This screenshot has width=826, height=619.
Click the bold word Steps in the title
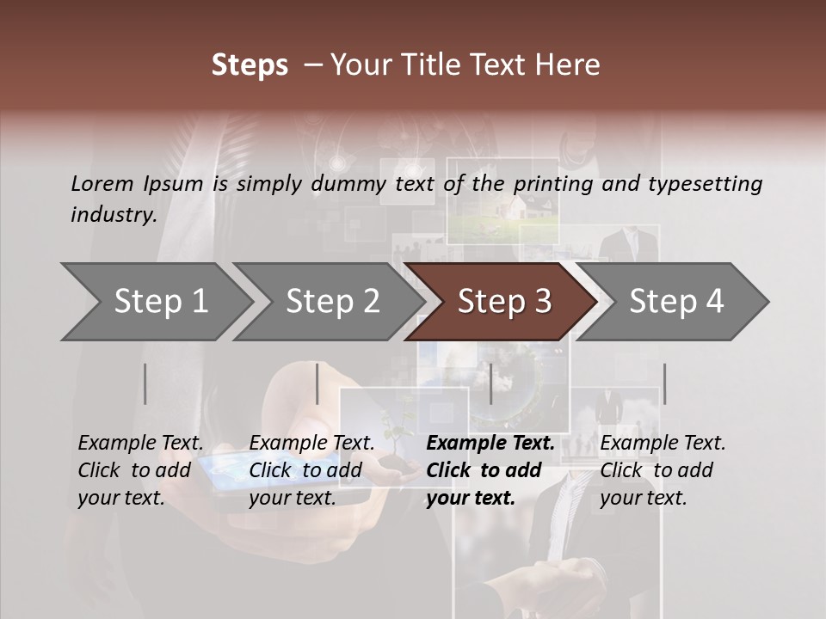tap(250, 65)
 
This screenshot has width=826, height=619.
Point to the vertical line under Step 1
tap(145, 383)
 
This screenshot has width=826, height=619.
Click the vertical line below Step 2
tap(317, 383)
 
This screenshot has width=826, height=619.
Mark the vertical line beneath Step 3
tap(490, 383)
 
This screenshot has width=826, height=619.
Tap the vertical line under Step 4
tap(664, 383)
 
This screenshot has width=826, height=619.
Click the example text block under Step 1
tap(140, 470)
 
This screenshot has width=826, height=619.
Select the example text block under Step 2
tap(311, 470)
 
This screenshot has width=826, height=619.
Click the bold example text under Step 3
tap(490, 470)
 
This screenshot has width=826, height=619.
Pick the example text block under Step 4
tap(663, 470)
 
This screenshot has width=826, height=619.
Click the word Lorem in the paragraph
tap(102, 183)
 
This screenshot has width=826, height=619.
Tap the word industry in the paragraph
tap(114, 215)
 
